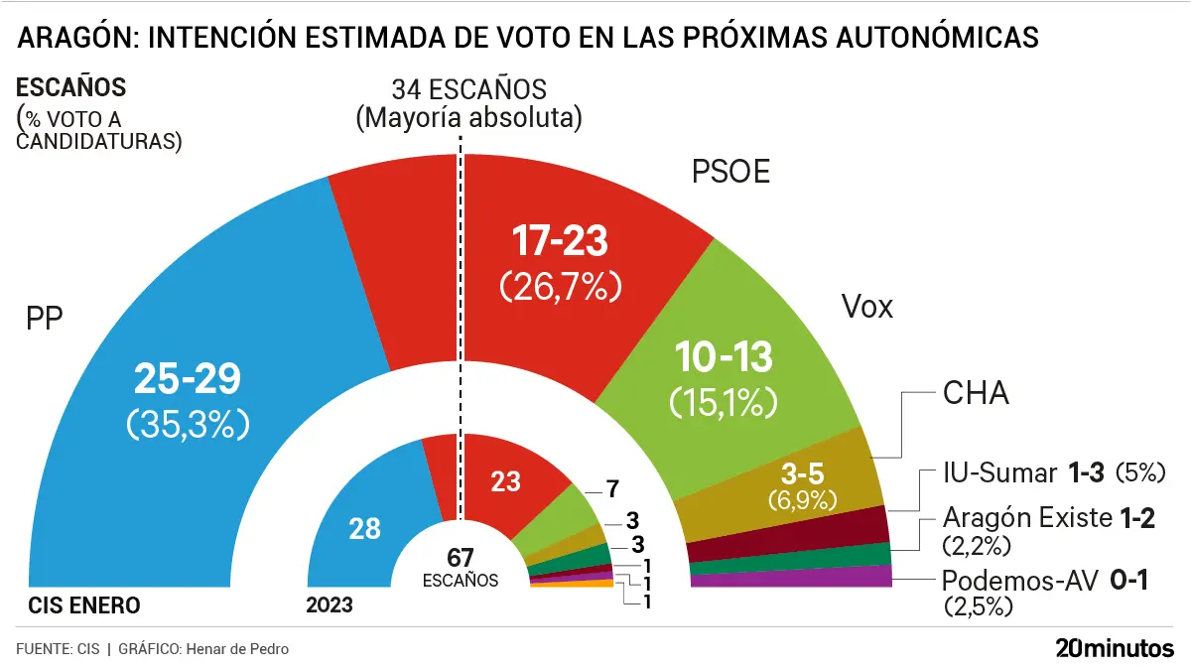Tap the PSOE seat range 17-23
[560, 241]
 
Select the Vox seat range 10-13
[724, 355]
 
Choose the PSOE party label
[730, 173]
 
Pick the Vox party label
[866, 307]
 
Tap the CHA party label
[975, 394]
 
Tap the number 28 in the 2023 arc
[365, 529]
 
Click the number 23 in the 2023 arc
[506, 481]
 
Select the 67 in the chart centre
[460, 558]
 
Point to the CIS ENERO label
[84, 604]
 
